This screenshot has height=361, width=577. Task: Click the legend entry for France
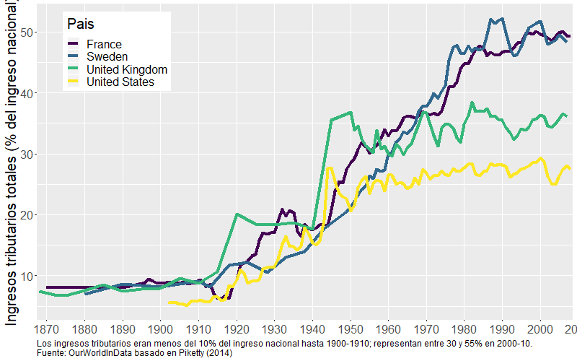point(103,44)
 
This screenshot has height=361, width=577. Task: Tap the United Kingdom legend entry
point(126,70)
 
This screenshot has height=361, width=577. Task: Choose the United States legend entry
point(119,83)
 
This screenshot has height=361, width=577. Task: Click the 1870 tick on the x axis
point(47,329)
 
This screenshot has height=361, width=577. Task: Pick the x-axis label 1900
point(160,329)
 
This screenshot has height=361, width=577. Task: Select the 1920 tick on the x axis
point(236,329)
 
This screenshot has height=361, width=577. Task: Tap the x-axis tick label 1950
point(350,329)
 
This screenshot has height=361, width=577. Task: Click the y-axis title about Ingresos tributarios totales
point(12,173)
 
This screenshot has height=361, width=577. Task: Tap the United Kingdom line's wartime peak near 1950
point(350,113)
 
